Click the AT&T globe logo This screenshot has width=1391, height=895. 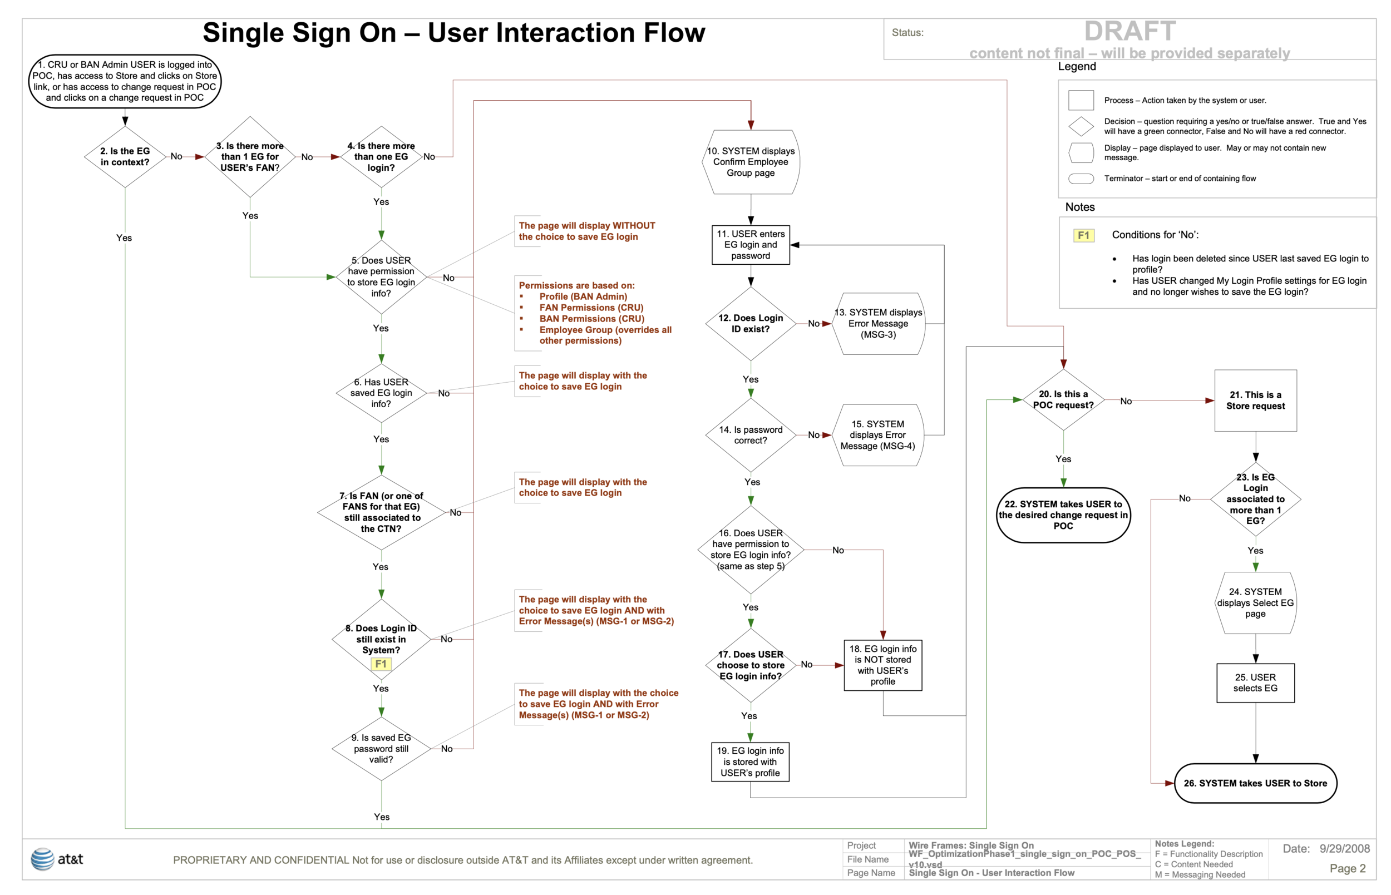pos(42,858)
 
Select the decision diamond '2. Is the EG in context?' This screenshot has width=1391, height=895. pos(125,157)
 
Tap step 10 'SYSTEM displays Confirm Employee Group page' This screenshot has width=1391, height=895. pos(750,162)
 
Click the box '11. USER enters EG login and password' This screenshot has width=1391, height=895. pos(750,245)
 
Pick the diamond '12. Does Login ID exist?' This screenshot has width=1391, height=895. pos(750,324)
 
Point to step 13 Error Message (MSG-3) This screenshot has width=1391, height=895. pos(878,324)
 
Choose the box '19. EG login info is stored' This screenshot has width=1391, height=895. pos(750,762)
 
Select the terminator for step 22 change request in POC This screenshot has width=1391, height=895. pos(1063,515)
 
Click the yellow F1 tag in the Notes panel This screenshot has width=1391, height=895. pos(1083,235)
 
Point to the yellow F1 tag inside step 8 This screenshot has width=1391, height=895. pos(381,664)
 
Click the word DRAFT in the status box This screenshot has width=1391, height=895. pos(1129,31)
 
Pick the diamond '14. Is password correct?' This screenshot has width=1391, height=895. pos(750,435)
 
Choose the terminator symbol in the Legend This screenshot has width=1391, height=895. pos(1081,179)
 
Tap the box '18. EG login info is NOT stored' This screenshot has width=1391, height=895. pos(882,665)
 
